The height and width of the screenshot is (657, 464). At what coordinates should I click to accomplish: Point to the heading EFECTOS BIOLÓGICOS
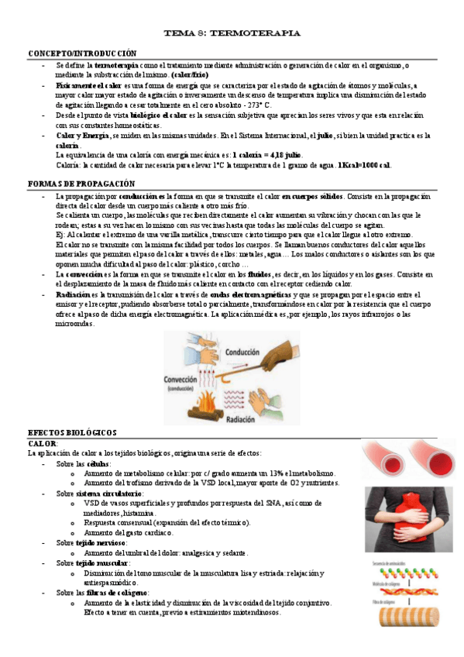click(x=72, y=432)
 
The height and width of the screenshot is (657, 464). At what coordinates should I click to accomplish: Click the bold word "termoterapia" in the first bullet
click(x=116, y=66)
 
